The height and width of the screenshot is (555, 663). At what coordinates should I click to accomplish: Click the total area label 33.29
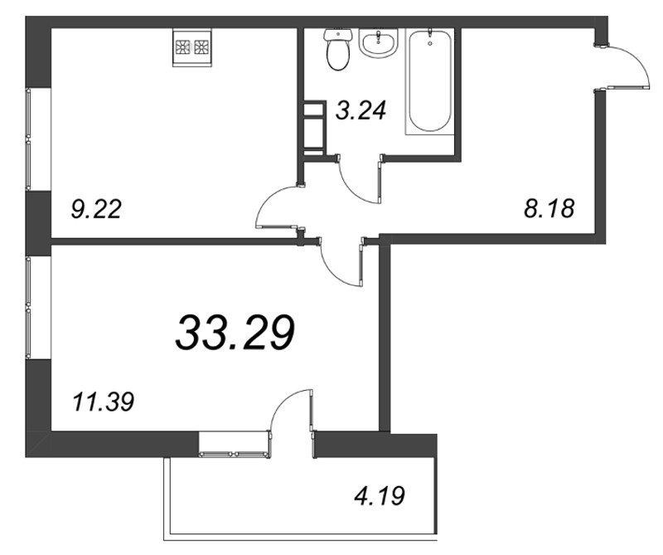click(x=235, y=333)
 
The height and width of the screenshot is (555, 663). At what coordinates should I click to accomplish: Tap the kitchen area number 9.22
click(x=96, y=209)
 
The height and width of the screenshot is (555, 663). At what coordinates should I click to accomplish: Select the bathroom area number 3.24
click(x=361, y=111)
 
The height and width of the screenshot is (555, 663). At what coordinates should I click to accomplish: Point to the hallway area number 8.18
click(x=549, y=208)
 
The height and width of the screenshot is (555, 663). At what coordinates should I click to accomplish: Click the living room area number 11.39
click(x=104, y=402)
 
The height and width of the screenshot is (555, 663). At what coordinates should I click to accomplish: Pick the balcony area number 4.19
click(x=380, y=496)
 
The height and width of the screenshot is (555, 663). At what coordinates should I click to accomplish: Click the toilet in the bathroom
click(x=338, y=49)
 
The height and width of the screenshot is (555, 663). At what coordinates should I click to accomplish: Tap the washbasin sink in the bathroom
click(x=379, y=42)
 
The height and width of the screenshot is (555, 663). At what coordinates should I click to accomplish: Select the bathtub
click(x=430, y=81)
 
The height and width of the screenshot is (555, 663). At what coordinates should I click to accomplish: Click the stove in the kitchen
click(x=192, y=47)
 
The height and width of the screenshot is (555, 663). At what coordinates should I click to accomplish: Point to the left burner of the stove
click(x=183, y=46)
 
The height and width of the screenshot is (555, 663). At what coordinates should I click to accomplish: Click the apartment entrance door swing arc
click(x=634, y=58)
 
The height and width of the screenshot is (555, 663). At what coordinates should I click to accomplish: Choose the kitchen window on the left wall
click(x=28, y=139)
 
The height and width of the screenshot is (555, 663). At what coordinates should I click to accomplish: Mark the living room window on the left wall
click(x=28, y=308)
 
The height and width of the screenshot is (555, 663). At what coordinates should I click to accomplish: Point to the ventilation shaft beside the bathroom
click(x=315, y=127)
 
